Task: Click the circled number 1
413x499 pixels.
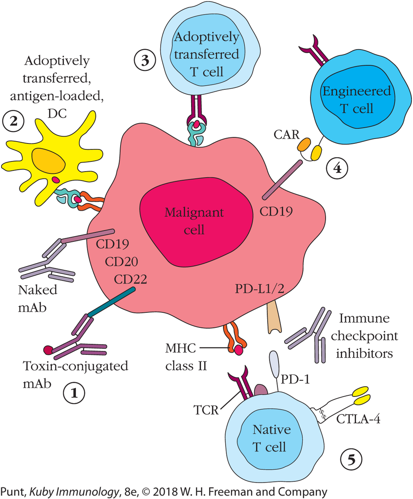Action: [74, 393]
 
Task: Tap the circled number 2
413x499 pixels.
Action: [13, 121]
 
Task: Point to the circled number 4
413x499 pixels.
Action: [337, 168]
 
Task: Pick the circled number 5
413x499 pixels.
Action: [351, 460]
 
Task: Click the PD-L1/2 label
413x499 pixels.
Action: [259, 289]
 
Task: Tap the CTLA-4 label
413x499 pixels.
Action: [358, 419]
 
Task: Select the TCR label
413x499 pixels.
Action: [206, 410]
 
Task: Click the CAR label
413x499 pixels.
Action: [286, 134]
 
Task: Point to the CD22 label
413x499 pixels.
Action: [130, 279]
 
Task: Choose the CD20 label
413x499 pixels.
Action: [121, 262]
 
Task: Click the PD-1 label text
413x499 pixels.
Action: [295, 379]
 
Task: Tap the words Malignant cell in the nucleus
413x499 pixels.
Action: [194, 221]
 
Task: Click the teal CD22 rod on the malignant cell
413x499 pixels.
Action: [112, 302]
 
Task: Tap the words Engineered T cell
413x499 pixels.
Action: [356, 99]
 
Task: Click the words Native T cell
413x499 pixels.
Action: [271, 438]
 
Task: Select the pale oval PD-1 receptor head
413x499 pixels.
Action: [274, 363]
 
